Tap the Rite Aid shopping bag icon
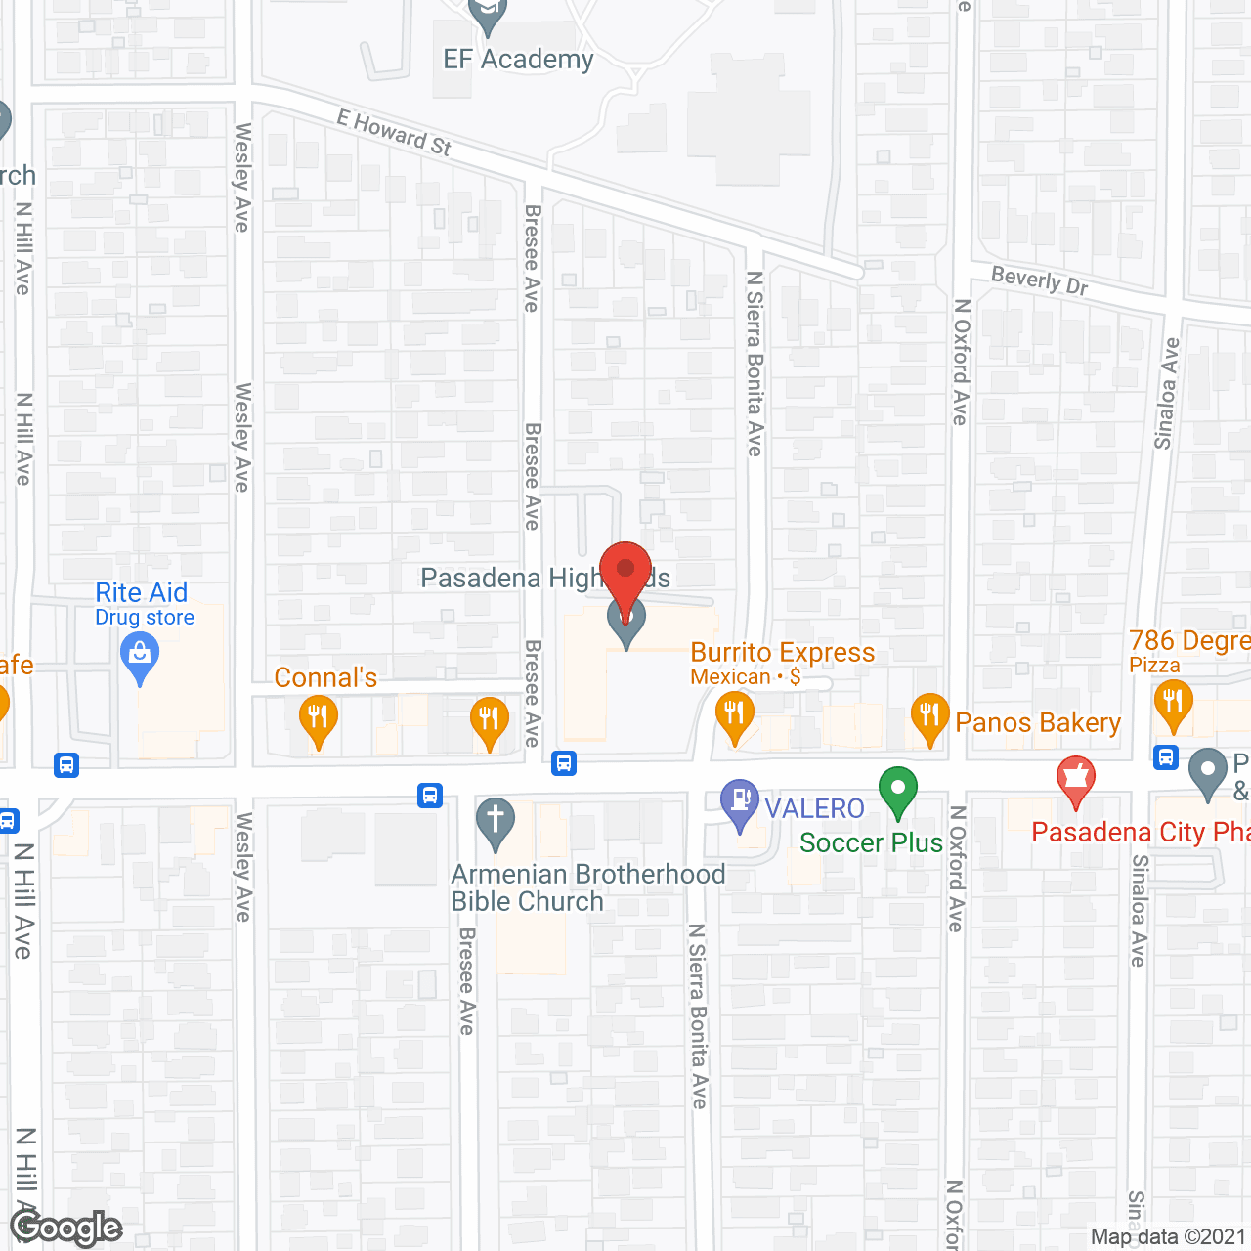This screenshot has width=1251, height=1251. point(140,657)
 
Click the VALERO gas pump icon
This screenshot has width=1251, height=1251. point(740,803)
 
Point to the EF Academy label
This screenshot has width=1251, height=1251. point(518,60)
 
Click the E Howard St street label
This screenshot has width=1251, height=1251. point(394,133)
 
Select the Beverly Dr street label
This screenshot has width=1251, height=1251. point(1039,280)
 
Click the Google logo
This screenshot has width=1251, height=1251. point(65,1228)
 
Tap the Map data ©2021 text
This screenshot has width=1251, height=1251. point(1168,1237)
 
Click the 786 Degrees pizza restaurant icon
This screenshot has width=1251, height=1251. point(1173,704)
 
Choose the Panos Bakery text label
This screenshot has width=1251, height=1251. point(1038,723)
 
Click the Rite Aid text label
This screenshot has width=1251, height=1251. point(142,593)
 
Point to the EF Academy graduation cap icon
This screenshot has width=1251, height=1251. point(487,14)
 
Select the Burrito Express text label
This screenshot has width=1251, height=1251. point(783,653)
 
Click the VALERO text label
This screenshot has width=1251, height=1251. point(814,808)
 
